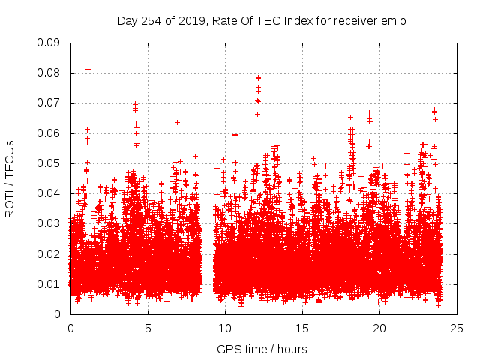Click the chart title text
[x=261, y=21]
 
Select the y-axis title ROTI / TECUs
[x=10, y=178]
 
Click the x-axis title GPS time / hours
[x=262, y=349]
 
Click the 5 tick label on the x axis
[x=148, y=328]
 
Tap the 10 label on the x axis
[x=225, y=328]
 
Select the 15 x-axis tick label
[x=302, y=328]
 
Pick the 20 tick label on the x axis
[x=379, y=328]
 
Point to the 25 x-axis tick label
[x=457, y=328]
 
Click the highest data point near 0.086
[x=88, y=55]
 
